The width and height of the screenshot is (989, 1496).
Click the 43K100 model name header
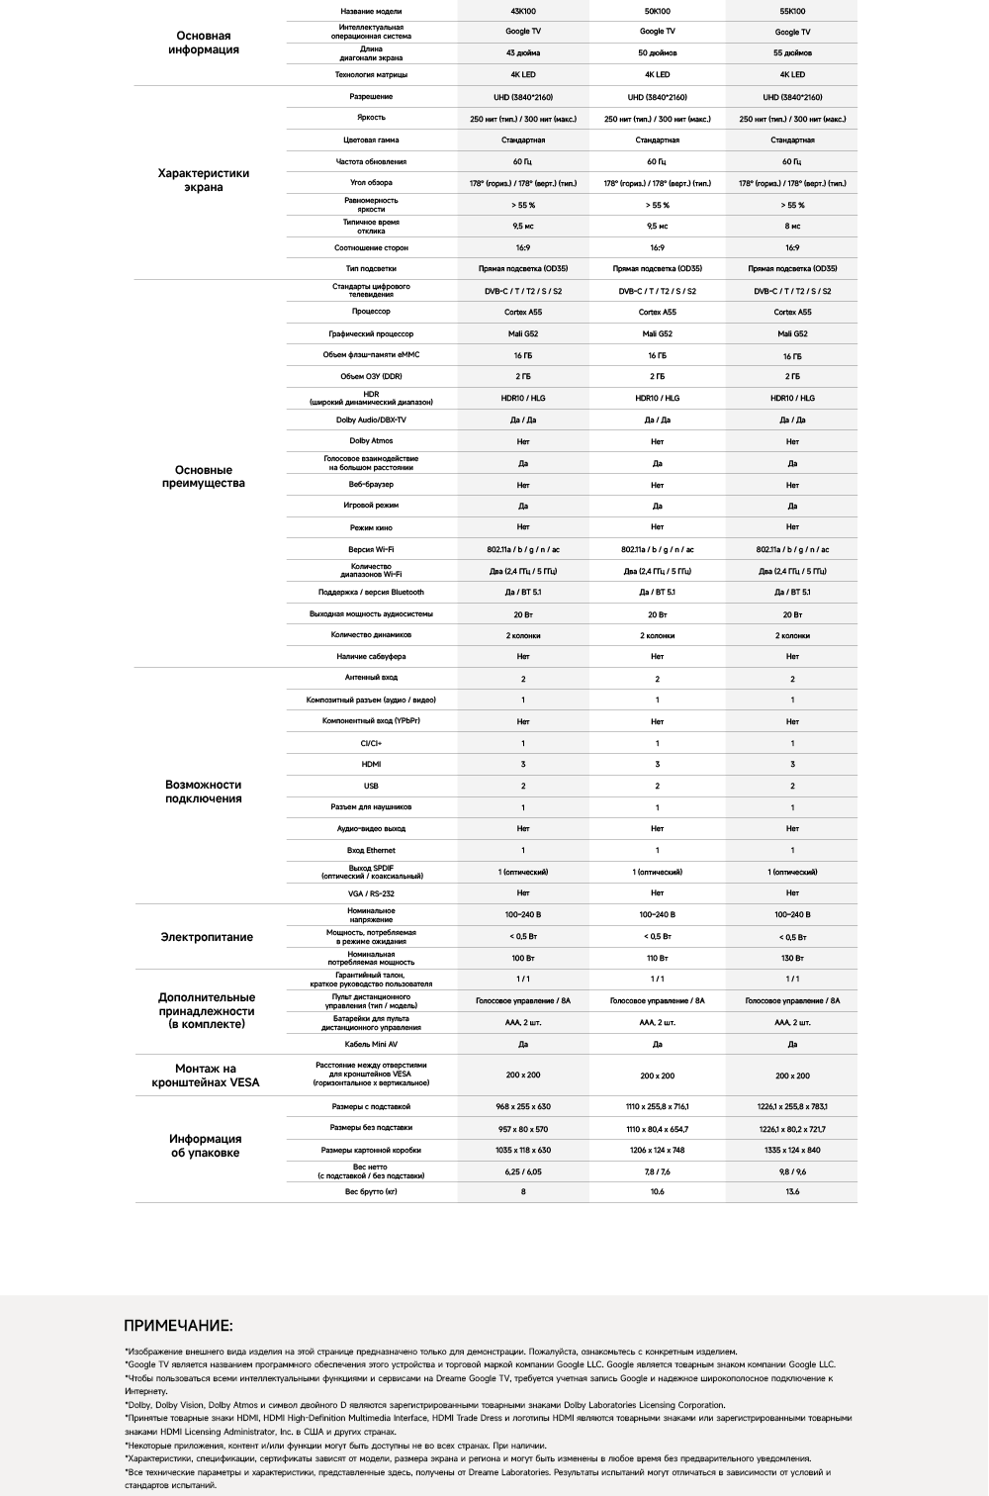523,11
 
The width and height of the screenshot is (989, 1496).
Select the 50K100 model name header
657,11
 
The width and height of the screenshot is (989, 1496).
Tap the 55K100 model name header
792,11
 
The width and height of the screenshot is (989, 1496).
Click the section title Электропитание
207,937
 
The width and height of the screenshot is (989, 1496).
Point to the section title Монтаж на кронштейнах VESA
206,1075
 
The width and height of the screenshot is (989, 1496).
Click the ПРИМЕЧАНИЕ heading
178,1326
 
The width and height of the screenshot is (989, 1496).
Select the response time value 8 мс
792,227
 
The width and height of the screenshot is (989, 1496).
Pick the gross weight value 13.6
792,1191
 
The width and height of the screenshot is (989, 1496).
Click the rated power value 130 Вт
792,958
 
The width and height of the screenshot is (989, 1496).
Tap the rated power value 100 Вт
523,958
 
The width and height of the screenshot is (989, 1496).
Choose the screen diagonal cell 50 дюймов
657,53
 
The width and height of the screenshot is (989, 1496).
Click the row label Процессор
371,312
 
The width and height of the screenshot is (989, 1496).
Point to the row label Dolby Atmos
371,441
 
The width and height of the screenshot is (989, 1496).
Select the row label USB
371,786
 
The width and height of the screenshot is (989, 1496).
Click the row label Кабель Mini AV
371,1044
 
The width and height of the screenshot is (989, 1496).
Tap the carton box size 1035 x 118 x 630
523,1150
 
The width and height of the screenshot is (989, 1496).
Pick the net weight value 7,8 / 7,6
657,1171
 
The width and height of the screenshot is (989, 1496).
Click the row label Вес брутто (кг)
371,1191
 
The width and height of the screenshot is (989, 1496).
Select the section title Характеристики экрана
204,180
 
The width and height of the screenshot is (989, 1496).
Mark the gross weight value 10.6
657,1191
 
